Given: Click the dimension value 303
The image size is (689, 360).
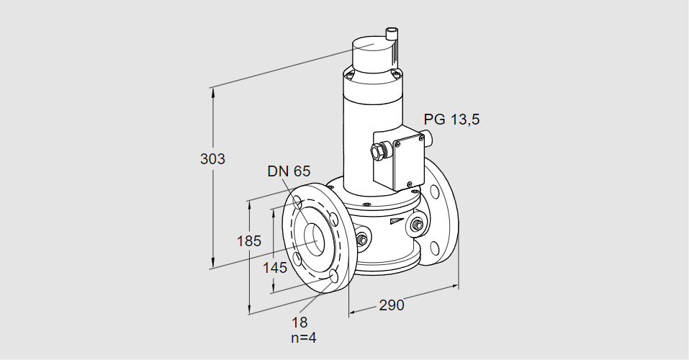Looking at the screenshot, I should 212,159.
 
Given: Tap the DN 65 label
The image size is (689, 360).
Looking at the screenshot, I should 288,171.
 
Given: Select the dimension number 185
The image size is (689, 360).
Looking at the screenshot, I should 249,241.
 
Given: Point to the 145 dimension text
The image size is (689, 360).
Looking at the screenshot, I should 274,268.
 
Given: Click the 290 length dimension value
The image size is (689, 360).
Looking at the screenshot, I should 391,305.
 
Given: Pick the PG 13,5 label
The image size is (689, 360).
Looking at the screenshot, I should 451,120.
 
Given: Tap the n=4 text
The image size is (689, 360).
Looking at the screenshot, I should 302,338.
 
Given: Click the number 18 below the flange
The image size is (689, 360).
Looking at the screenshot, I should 300,323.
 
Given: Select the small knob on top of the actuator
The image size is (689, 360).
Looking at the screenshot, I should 392,33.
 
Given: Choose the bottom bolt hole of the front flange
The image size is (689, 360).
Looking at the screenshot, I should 333,276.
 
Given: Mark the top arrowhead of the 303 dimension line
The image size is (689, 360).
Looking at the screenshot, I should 212,91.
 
